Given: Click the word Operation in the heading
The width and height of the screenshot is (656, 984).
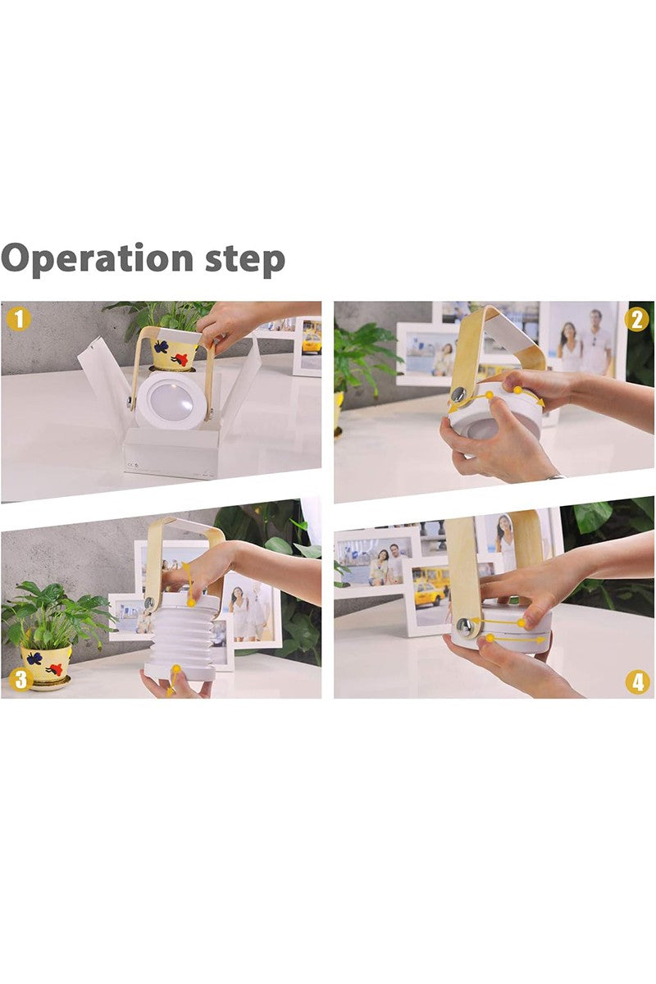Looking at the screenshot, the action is coord(97,259).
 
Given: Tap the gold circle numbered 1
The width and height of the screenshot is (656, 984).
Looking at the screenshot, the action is coord(19,318).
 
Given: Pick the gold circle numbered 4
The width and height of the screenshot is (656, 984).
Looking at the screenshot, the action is coord(637,681).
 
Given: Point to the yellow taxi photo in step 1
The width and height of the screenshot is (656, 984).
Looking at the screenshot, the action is coord(312,337).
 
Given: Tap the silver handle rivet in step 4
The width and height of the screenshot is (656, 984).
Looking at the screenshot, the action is coord(465,625).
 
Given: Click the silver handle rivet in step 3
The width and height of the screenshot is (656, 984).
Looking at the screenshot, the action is coord(148,604).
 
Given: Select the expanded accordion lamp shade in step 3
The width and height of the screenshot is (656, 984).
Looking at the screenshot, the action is coord(180,633).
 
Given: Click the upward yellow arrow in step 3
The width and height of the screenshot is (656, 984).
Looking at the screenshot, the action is coord(189,582).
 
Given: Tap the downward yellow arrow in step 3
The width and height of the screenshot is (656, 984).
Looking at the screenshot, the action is coord(174,681).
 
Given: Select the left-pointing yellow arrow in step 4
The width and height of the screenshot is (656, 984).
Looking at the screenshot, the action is coord(500,622).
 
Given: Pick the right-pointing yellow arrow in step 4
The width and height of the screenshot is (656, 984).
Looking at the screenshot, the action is coord(517,638).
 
